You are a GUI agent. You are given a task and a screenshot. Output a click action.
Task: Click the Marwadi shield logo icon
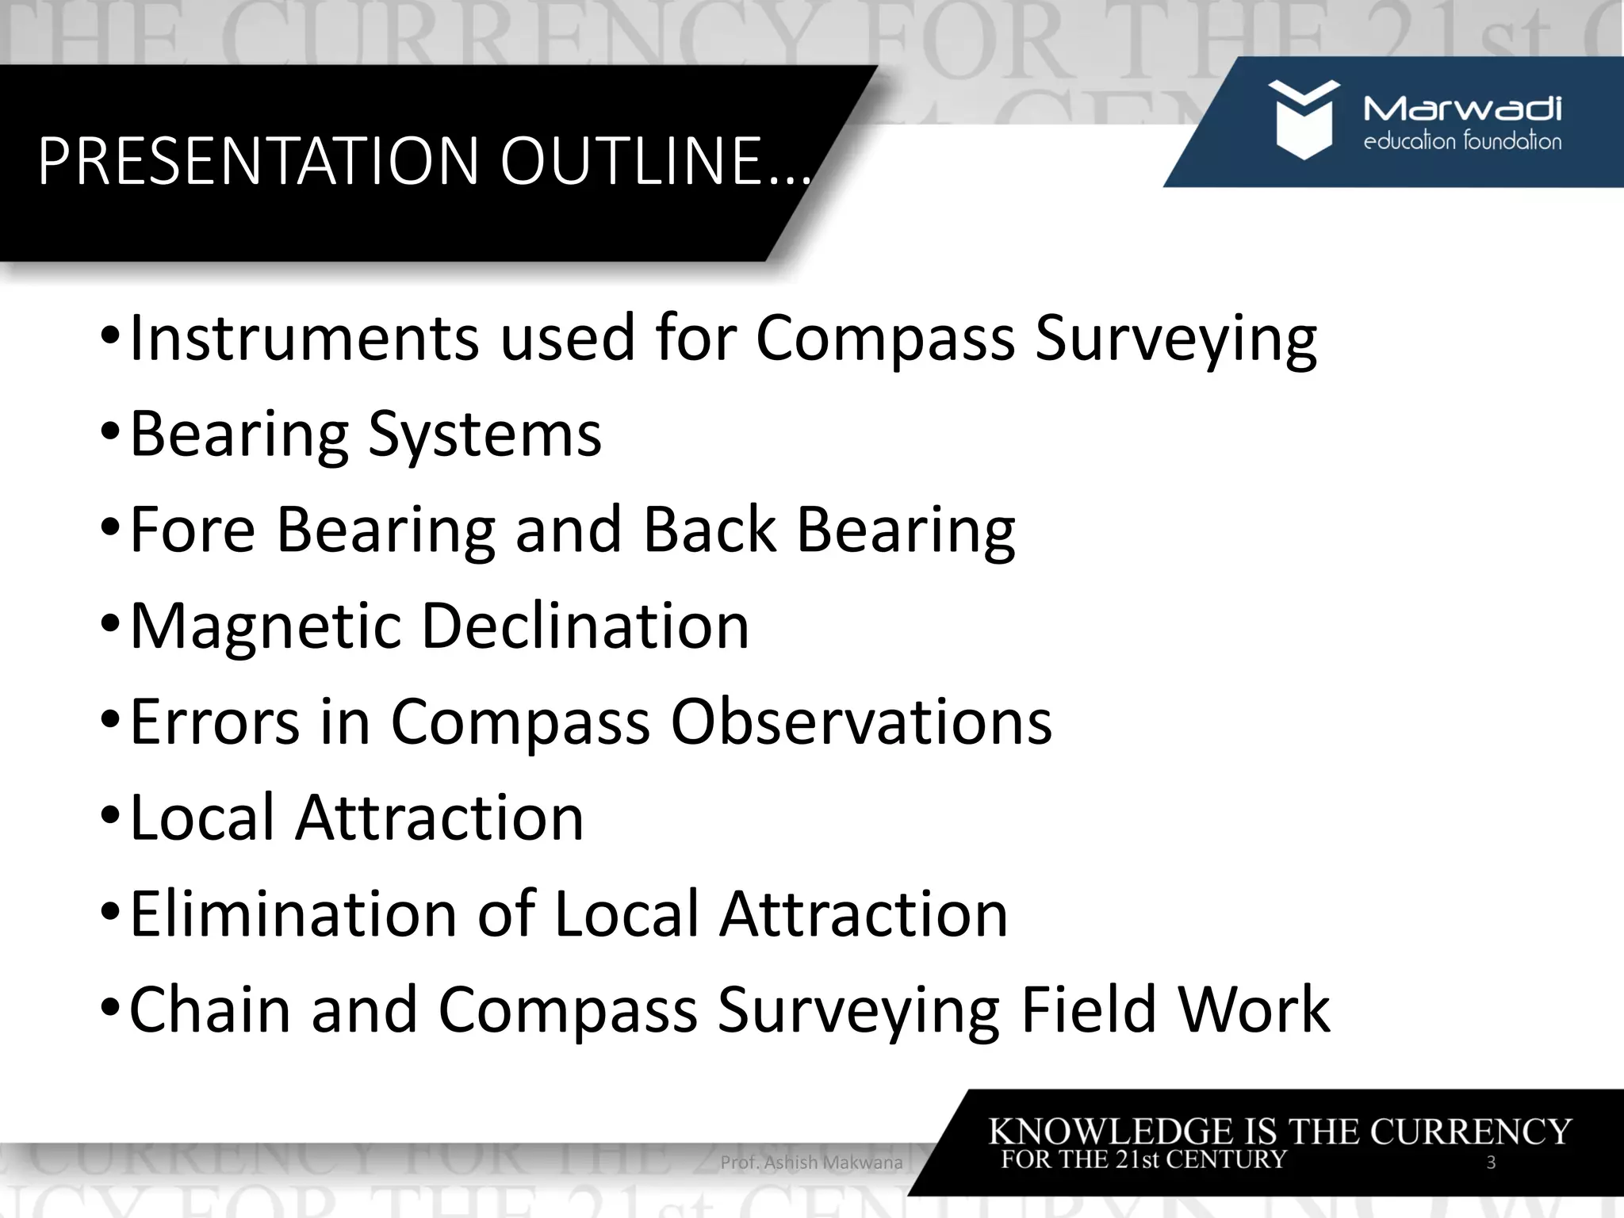point(1303,119)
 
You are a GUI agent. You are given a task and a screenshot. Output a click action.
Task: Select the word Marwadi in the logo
point(1462,109)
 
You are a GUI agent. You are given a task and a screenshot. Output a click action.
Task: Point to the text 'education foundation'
point(1462,143)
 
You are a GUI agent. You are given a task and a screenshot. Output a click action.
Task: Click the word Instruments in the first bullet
point(304,338)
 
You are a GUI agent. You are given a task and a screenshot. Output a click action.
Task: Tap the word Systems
point(485,434)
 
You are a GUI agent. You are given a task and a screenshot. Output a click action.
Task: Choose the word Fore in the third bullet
point(192,530)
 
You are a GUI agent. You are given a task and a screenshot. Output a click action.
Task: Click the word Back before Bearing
point(709,530)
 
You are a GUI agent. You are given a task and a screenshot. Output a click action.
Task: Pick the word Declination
point(585,626)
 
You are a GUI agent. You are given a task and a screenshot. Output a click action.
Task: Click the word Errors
point(215,722)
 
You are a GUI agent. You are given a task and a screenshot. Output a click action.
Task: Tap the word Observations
point(861,722)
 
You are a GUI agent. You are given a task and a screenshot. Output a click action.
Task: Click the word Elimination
point(293,913)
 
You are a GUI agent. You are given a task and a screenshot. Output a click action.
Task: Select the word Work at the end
point(1254,1009)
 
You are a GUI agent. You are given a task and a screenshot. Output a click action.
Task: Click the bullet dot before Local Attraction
point(111,817)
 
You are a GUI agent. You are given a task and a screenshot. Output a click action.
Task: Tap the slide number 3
point(1491,1162)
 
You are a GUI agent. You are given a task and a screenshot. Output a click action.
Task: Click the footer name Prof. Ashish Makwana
point(811,1162)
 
